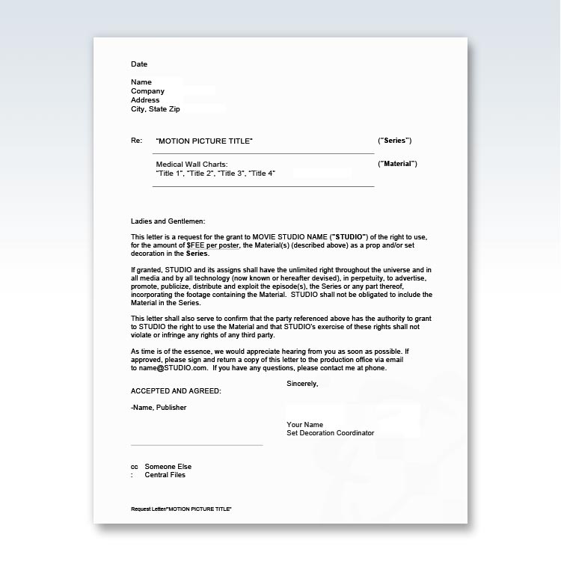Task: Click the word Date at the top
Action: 139,64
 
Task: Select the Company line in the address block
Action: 147,91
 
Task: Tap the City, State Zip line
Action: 155,109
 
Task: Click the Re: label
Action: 136,141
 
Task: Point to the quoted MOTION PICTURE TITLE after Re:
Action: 204,141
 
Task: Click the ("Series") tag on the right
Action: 394,141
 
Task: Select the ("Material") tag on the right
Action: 397,164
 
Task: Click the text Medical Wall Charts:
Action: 191,165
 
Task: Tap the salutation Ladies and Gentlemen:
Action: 168,221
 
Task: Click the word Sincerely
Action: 302,384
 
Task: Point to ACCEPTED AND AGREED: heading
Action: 176,391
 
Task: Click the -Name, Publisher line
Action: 159,408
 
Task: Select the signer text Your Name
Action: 304,425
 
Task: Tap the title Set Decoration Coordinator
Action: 330,433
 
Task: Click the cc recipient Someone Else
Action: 168,467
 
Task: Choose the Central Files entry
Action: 165,475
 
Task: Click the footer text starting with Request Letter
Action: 181,509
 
